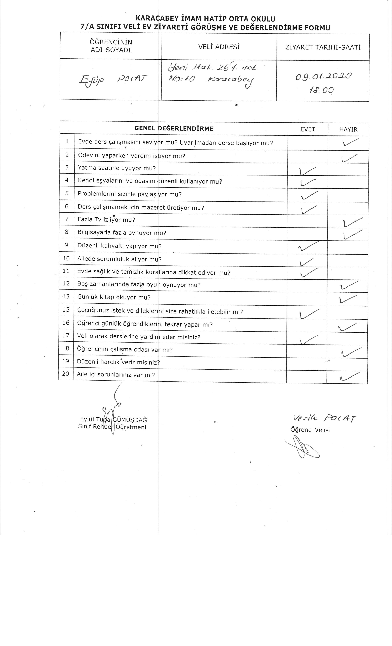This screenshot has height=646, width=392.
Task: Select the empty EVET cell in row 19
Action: pos(306,363)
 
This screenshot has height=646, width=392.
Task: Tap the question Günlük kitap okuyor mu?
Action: pos(114,297)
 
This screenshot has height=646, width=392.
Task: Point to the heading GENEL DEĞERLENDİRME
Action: pos(174,128)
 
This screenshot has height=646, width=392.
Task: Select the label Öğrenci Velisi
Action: pos(310,430)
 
